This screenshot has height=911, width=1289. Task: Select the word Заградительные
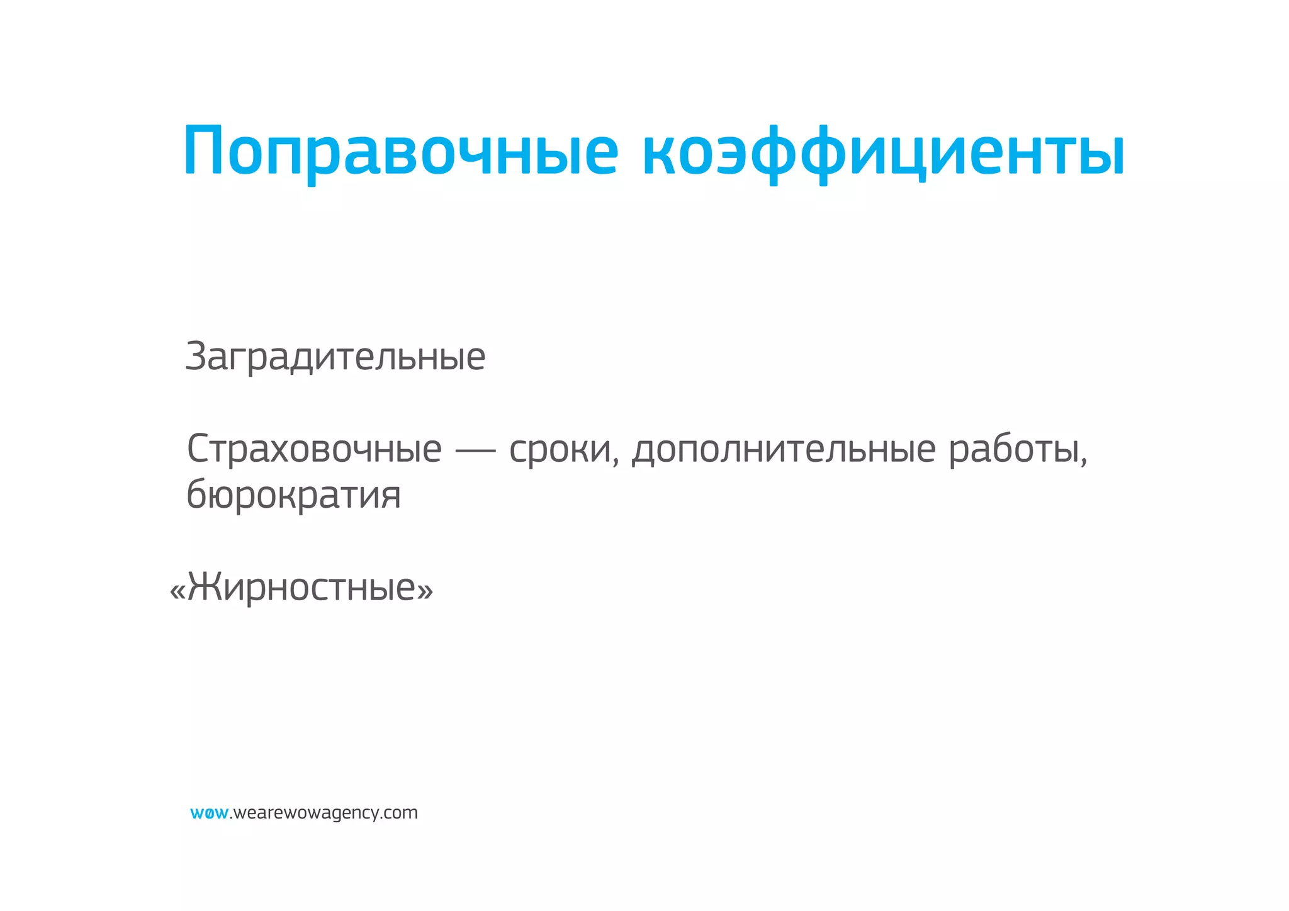pyautogui.click(x=335, y=357)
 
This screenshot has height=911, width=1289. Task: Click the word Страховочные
pyautogui.click(x=314, y=449)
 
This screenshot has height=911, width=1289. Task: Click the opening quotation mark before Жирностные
pyautogui.click(x=177, y=591)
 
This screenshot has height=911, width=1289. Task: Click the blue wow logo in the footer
pyautogui.click(x=209, y=813)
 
